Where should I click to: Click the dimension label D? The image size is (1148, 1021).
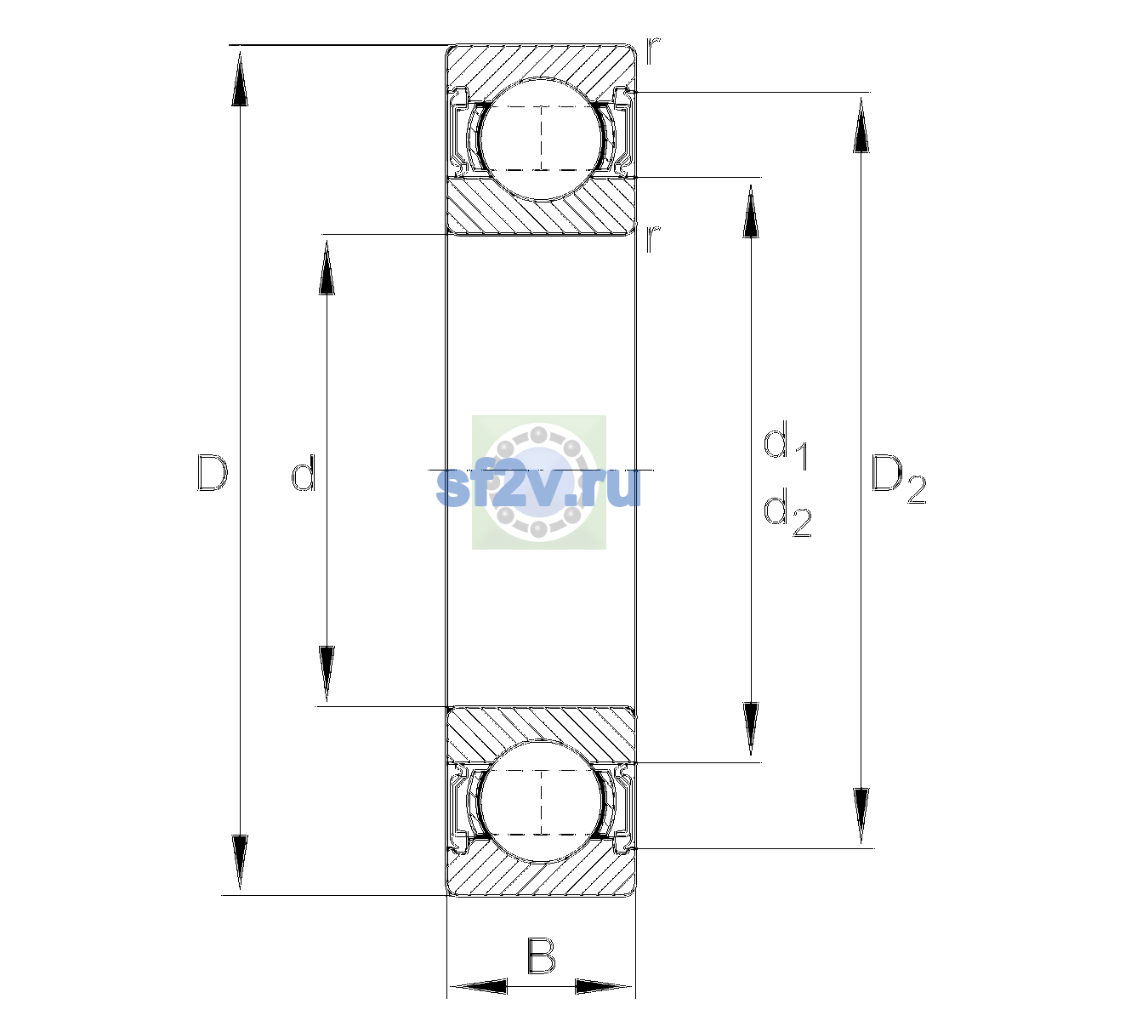[x=212, y=472]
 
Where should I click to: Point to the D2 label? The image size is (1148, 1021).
[x=898, y=479]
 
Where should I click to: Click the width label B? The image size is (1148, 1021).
[x=541, y=955]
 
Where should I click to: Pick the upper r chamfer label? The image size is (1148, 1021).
[x=652, y=52]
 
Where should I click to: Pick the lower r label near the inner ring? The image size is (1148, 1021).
[x=652, y=239]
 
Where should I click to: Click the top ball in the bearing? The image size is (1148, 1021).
[x=541, y=139]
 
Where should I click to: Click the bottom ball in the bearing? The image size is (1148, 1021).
[x=541, y=801]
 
